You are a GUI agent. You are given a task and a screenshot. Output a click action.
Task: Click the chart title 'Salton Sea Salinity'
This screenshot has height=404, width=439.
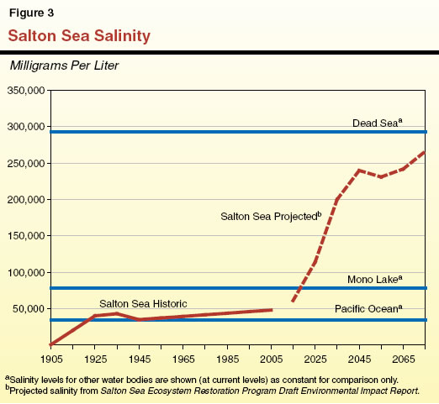pyautogui.click(x=80, y=36)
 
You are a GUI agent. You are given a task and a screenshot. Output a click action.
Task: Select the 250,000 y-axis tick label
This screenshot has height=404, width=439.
pyautogui.click(x=25, y=164)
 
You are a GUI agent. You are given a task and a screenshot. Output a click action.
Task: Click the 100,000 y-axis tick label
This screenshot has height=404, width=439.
pyautogui.click(x=25, y=273)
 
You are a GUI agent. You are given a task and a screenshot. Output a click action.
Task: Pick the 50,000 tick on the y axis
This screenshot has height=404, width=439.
pyautogui.click(x=28, y=309)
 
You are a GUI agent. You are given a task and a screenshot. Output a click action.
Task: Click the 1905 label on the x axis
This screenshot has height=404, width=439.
pyautogui.click(x=50, y=358)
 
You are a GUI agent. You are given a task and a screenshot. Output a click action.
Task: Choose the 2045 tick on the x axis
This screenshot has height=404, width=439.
pyautogui.click(x=359, y=358)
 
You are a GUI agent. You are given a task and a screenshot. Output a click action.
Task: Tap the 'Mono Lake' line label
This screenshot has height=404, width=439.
pyautogui.click(x=373, y=278)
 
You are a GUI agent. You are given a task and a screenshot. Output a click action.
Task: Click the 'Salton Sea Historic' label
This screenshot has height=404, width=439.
pyautogui.click(x=144, y=303)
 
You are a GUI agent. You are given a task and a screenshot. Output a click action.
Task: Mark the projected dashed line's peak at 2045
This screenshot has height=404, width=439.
pyautogui.click(x=360, y=171)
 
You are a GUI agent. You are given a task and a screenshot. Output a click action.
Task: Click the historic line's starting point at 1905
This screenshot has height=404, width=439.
pyautogui.click(x=51, y=344)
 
